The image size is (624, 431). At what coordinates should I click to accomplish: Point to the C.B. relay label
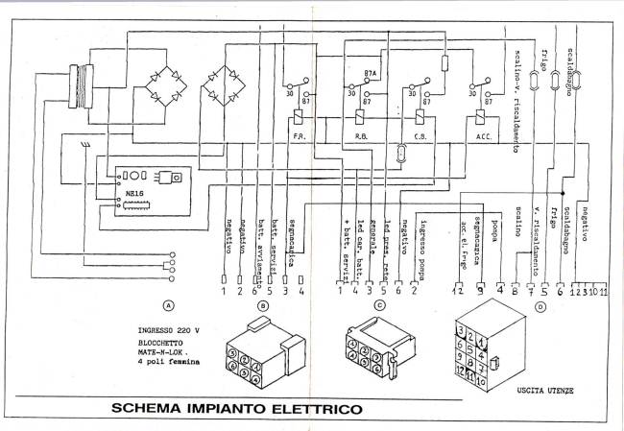[x=419, y=137]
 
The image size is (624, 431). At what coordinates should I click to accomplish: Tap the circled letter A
[x=169, y=307]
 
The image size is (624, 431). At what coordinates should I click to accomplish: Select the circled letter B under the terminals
[x=262, y=307]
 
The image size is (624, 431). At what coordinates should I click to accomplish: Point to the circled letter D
[x=540, y=307]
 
